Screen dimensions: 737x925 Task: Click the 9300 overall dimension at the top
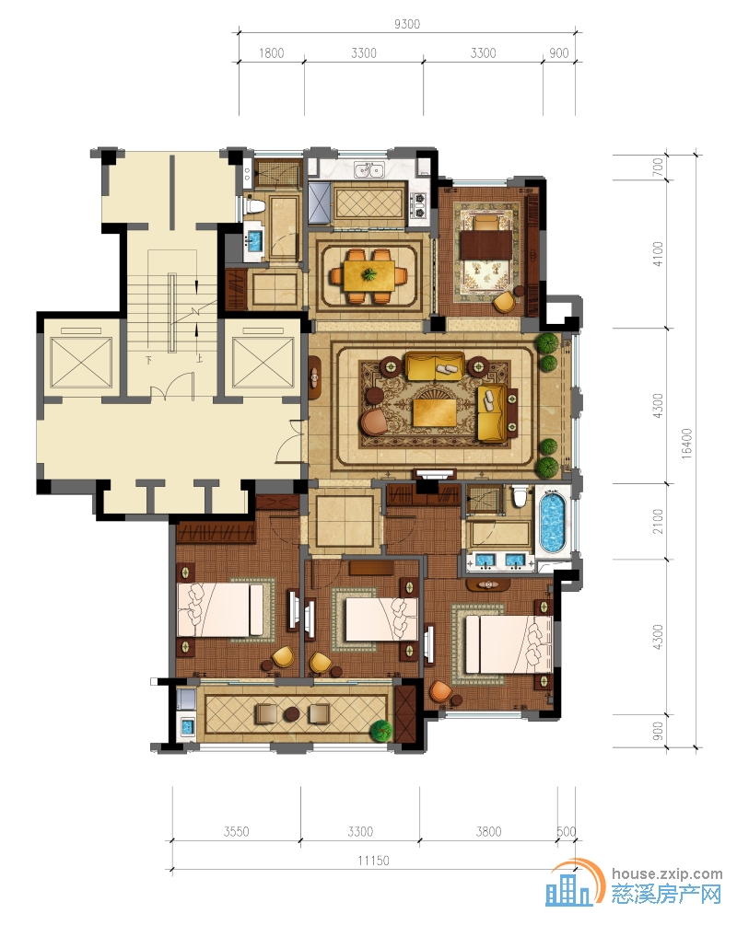pyautogui.click(x=407, y=24)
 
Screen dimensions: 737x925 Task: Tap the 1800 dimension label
pyautogui.click(x=272, y=53)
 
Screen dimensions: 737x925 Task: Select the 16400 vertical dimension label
pyautogui.click(x=686, y=444)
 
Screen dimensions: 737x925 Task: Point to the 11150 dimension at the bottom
pyautogui.click(x=373, y=861)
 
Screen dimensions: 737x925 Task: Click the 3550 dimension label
pyautogui.click(x=236, y=832)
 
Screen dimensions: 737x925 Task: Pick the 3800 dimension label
pyautogui.click(x=489, y=832)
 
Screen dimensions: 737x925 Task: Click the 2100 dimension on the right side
pyautogui.click(x=658, y=522)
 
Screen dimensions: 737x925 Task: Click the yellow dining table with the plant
pyautogui.click(x=369, y=275)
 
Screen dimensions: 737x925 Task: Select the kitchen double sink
pyautogui.click(x=369, y=171)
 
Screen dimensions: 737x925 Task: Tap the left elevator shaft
pyautogui.click(x=81, y=359)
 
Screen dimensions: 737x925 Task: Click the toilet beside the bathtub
pyautogui.click(x=520, y=497)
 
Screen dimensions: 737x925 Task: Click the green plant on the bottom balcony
pyautogui.click(x=380, y=730)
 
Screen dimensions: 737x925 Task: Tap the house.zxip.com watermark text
pyautogui.click(x=667, y=874)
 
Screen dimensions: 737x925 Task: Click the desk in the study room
pyautogui.click(x=485, y=244)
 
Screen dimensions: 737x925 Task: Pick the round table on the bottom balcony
pyautogui.click(x=292, y=714)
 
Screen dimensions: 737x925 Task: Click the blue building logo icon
pyautogui.click(x=568, y=889)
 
